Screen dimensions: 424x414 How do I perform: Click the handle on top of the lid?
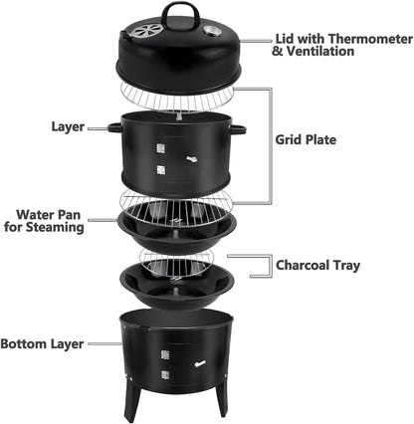tap(179, 11)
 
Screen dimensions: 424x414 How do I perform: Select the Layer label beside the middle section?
tap(68, 126)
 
